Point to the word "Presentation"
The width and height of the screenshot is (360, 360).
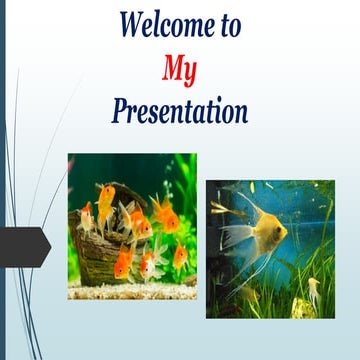coord(180,110)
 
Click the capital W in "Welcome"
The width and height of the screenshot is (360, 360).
coord(134,23)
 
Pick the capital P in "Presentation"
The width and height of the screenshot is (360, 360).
coord(120,109)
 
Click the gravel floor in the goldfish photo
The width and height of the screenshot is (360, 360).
coord(130,290)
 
